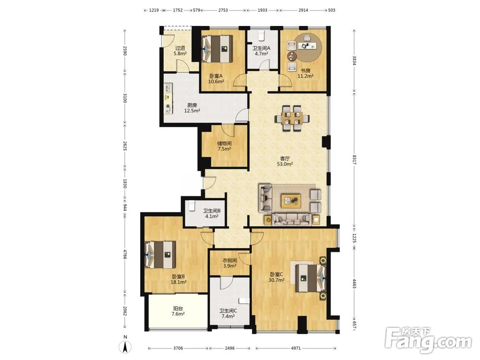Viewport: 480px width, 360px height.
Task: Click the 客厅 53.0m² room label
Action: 285,161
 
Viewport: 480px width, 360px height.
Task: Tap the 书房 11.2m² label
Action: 305,73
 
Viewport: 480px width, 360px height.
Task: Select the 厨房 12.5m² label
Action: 192,108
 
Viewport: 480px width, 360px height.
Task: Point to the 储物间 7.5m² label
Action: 224,146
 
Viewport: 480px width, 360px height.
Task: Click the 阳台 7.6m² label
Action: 178,312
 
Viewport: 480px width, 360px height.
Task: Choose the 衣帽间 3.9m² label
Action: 229,263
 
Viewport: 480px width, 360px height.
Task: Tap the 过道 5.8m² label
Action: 180,50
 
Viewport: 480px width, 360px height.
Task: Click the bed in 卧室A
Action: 217,49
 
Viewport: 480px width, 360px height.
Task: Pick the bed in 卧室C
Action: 310,278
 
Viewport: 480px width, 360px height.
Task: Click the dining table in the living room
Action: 292,119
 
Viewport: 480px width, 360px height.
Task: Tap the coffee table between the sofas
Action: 291,201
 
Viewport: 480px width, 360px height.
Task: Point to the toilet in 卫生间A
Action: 261,36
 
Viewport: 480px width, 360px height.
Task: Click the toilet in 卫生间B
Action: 192,206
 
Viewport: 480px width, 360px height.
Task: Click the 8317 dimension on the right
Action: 354,160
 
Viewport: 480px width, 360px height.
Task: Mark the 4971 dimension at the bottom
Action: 296,348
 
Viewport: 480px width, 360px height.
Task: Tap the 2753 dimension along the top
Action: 223,10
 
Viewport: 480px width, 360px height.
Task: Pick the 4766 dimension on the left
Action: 125,254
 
